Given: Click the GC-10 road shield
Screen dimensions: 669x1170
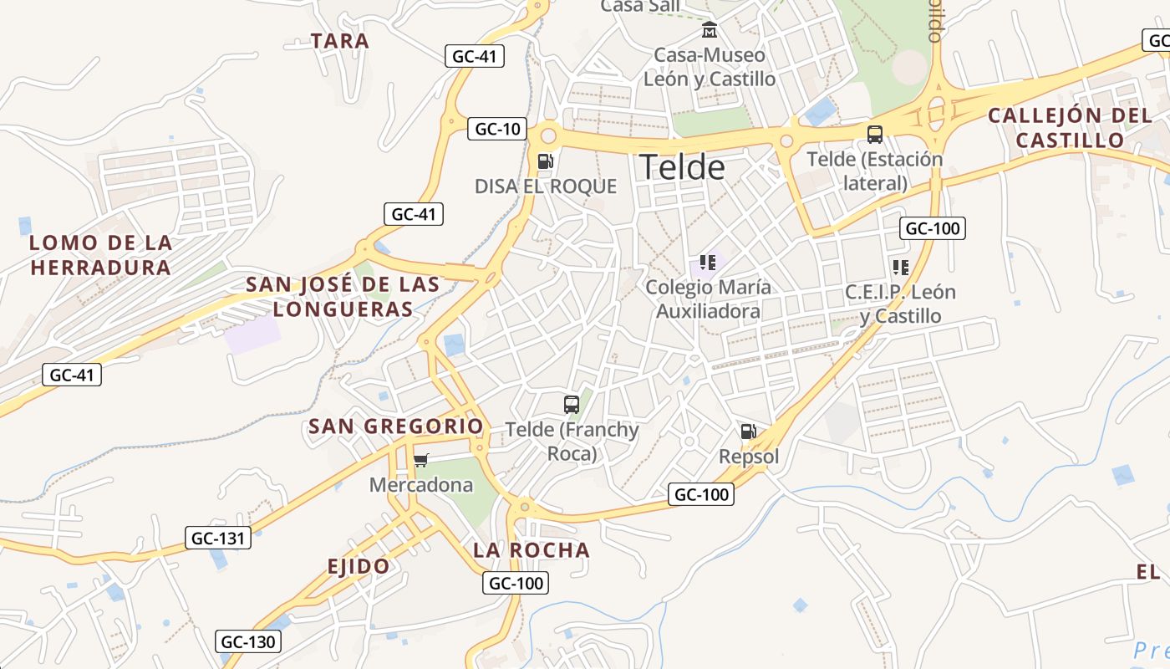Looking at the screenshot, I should [497, 129].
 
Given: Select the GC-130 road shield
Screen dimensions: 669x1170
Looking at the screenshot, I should [247, 642].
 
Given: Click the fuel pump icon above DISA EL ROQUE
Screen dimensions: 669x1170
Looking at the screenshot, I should [545, 161].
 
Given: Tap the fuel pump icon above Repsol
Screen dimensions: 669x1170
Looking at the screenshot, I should [748, 432].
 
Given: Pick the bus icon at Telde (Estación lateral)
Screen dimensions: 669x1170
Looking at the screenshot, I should [874, 134].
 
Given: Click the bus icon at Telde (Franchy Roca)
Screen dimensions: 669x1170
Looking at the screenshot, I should [572, 405].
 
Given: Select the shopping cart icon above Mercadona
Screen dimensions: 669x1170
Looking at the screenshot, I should [421, 460].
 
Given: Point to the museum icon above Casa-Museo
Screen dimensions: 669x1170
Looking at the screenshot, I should [710, 30].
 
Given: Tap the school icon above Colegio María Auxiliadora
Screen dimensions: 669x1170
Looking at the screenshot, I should [708, 263].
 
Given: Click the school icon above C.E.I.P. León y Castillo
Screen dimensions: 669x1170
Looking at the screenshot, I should [900, 268].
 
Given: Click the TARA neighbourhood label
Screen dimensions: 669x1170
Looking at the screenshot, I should [340, 40].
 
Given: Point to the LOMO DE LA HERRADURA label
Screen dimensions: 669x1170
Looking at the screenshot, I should [101, 255].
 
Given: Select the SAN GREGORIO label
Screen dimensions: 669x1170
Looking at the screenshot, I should [396, 426].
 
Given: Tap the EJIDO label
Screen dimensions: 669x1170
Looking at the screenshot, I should [359, 566].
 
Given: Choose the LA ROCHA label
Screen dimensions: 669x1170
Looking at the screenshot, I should [532, 550].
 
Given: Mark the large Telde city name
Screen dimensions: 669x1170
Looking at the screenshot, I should [682, 167].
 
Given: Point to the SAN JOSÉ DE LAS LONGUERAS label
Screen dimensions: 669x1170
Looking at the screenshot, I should [343, 296].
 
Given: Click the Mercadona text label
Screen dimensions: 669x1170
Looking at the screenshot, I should [421, 485].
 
